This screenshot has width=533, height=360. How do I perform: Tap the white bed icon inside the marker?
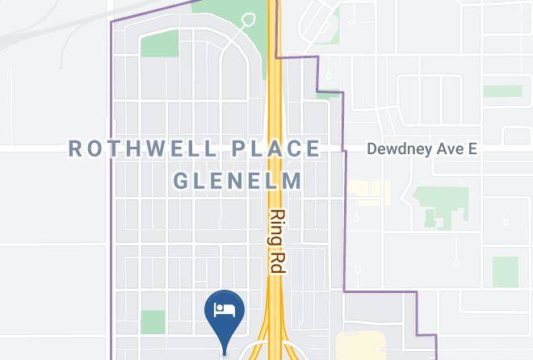pos(225,309)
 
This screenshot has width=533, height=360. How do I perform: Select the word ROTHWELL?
pos(143,149)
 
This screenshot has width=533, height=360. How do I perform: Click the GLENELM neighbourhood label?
pos(238,179)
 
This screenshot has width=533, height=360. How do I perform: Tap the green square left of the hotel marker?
pos(153,322)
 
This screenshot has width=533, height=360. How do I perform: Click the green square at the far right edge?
pos(506,272)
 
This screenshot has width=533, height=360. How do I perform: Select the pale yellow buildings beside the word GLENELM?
pos(368,191)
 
